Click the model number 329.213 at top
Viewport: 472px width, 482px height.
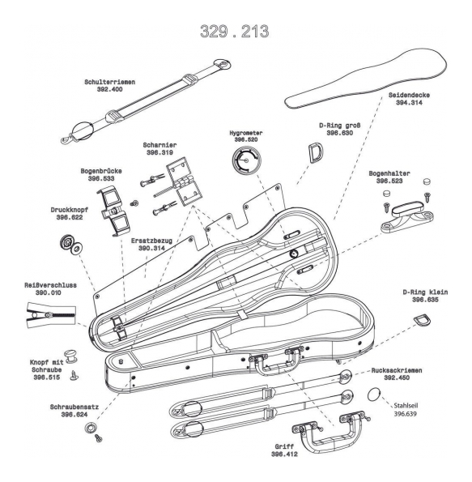[235, 32]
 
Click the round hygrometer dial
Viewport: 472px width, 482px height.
[246, 160]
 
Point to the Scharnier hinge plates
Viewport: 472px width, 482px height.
[184, 181]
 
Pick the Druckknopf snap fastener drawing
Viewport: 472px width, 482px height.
[70, 245]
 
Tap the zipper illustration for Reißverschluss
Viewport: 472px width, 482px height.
[51, 315]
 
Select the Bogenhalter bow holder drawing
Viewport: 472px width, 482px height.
[406, 216]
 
